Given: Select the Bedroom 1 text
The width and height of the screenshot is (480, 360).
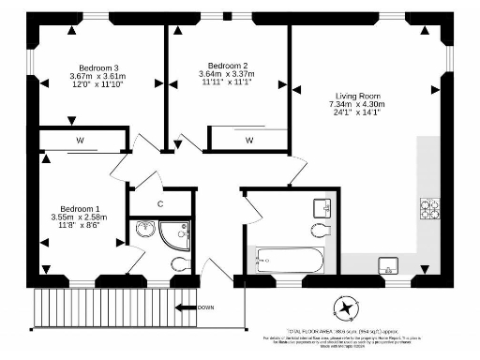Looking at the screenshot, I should (80, 208).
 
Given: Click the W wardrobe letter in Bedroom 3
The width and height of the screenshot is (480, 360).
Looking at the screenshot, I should (82, 142).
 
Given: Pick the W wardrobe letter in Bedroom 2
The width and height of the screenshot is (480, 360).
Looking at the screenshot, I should (249, 140).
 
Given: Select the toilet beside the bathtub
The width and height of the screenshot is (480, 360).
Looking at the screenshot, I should (318, 231).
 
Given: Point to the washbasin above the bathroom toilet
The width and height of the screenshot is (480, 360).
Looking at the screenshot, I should (319, 206).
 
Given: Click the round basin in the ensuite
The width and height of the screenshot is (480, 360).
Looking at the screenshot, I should (146, 229).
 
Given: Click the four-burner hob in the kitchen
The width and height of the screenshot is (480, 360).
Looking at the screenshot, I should (430, 208).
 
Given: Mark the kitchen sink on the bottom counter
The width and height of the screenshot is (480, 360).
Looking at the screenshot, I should (387, 263).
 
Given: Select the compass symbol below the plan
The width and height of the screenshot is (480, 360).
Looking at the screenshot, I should (347, 307).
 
